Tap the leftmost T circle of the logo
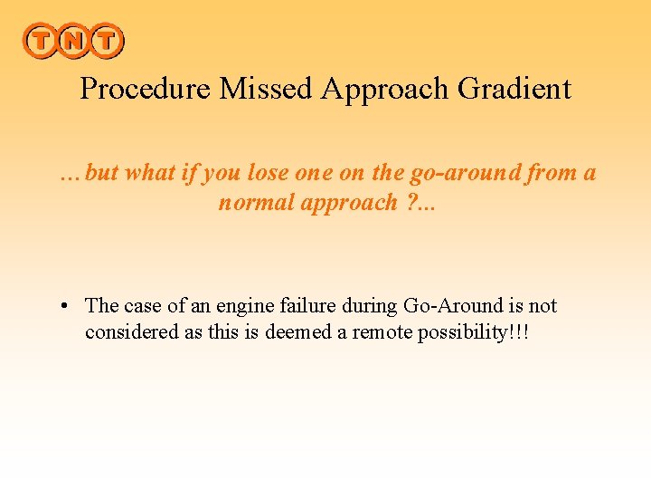pos(40,40)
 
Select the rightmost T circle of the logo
pos(106,40)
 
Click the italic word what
pos(149,172)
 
